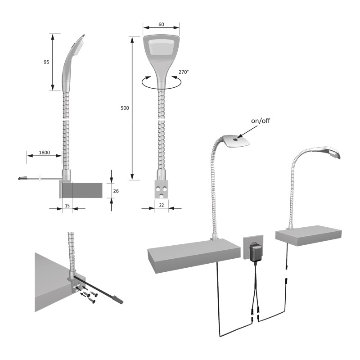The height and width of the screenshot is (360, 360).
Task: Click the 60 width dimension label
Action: pyautogui.click(x=161, y=24)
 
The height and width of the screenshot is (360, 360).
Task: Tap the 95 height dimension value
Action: pyautogui.click(x=46, y=62)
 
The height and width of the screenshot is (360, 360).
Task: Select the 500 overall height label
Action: pyautogui.click(x=125, y=108)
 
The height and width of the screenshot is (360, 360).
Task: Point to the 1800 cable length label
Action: pyautogui.click(x=44, y=153)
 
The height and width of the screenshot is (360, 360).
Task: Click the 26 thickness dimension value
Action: pyautogui.click(x=116, y=191)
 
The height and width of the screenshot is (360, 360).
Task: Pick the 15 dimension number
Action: pyautogui.click(x=67, y=206)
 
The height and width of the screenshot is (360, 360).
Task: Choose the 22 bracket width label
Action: pyautogui.click(x=162, y=205)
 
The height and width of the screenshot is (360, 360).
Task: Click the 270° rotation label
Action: pyautogui.click(x=184, y=72)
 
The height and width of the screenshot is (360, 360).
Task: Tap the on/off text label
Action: pyautogui.click(x=261, y=121)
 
